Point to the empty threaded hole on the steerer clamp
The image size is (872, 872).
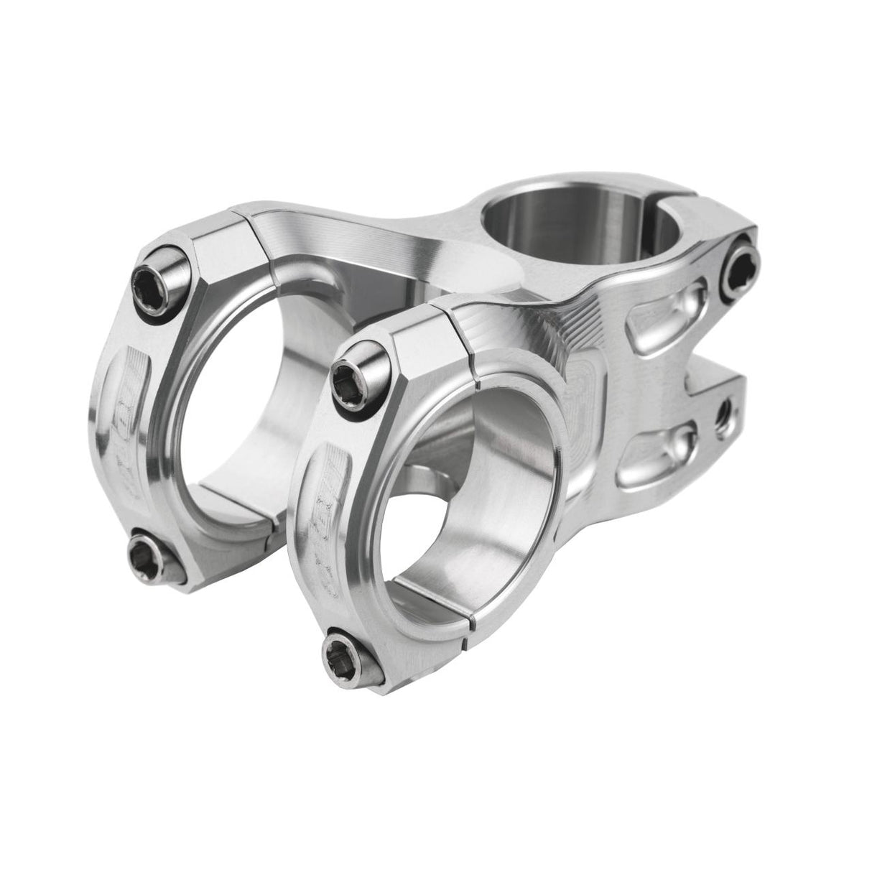[726, 412]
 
